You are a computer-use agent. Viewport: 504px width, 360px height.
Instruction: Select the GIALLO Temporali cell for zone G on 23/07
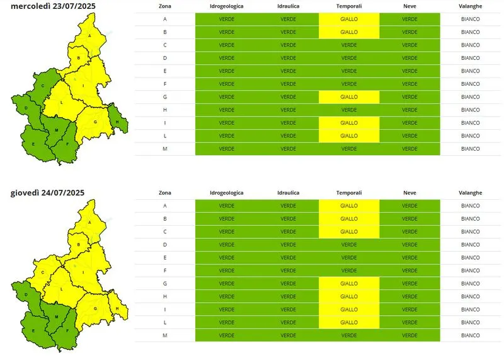(x=349, y=97)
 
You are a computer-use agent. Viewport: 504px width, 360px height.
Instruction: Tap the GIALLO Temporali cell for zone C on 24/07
(x=349, y=231)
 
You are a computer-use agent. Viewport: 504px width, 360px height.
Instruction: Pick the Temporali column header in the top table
(x=349, y=6)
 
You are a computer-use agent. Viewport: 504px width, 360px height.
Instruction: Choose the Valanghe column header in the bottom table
(x=471, y=192)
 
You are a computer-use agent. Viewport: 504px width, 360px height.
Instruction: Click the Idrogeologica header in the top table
(x=227, y=6)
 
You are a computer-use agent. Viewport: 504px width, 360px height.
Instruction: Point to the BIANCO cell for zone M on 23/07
(x=471, y=149)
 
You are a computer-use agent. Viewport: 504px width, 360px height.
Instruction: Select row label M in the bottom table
(x=165, y=335)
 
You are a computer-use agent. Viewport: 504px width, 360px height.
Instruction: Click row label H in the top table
(x=165, y=110)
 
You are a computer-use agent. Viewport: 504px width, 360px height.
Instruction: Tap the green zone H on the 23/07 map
(x=118, y=118)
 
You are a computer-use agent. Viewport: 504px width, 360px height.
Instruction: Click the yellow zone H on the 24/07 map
(x=117, y=308)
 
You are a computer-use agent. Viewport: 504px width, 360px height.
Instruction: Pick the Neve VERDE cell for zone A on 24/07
(x=409, y=206)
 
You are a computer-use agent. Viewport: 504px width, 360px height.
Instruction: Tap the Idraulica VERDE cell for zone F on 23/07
(x=288, y=84)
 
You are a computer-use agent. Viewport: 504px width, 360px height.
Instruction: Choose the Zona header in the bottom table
(x=165, y=192)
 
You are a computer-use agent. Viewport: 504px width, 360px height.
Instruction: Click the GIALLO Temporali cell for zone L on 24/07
(x=349, y=322)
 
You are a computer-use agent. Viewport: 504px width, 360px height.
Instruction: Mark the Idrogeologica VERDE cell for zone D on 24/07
(x=227, y=245)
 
